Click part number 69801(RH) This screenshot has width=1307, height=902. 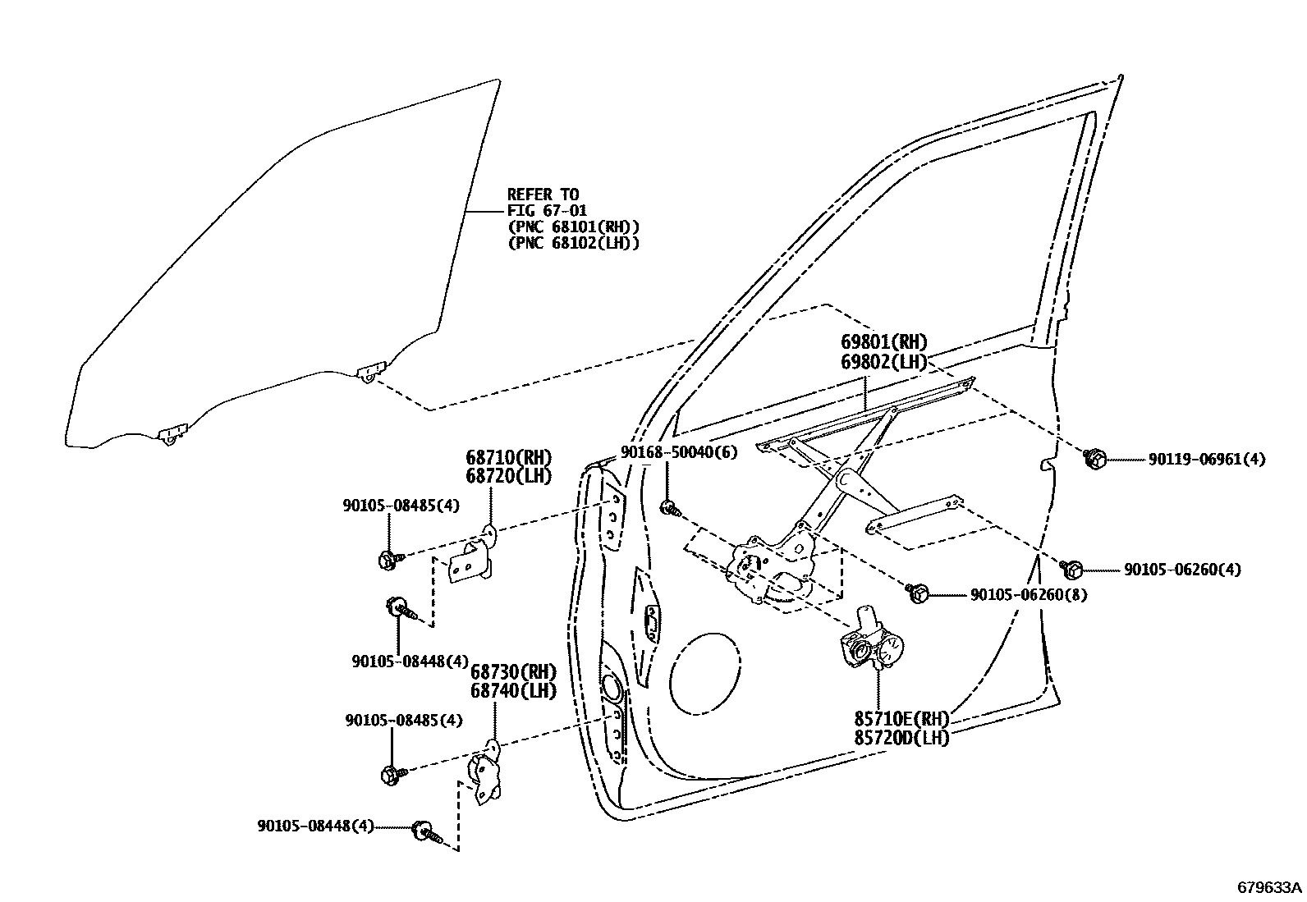click(883, 343)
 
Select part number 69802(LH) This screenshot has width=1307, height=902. click(883, 362)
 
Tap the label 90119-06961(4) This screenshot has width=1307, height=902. click(1206, 460)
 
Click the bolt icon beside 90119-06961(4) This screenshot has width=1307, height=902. click(1094, 459)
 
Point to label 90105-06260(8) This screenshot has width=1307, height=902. click(1029, 594)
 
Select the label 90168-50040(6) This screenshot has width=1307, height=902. click(678, 452)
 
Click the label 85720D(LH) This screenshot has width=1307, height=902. click(901, 738)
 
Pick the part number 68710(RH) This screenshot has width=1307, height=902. click(508, 457)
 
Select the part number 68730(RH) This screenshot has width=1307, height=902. click(513, 672)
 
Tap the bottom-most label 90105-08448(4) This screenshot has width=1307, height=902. click(315, 826)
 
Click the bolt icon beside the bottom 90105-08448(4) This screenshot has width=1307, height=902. click(427, 831)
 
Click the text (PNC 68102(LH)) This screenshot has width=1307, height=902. click(573, 243)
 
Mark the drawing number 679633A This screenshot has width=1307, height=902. click(1270, 887)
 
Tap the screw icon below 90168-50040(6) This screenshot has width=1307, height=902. click(669, 508)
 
